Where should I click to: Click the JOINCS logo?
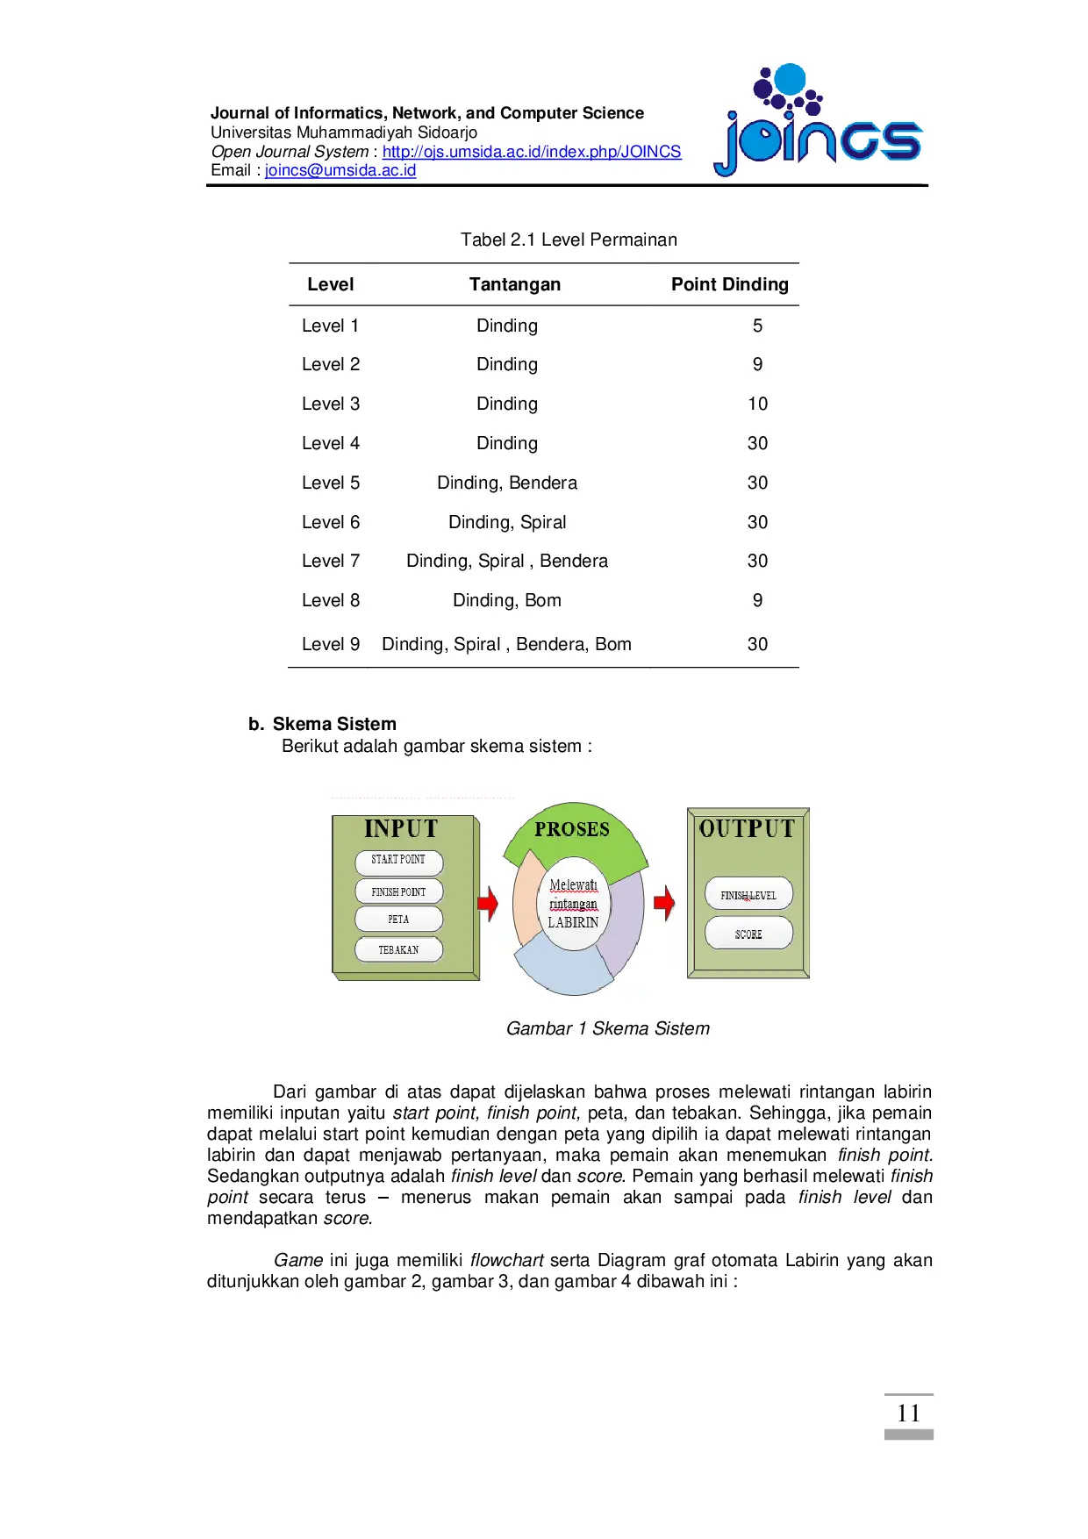click(818, 123)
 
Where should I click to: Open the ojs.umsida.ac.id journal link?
click(531, 152)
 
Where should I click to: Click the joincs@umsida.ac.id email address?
click(340, 170)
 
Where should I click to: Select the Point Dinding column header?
click(729, 284)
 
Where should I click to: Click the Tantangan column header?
click(514, 284)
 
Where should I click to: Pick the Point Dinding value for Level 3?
click(757, 404)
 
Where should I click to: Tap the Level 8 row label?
click(331, 600)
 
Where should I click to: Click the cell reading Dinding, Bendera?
click(507, 483)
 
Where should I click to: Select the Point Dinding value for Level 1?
click(757, 326)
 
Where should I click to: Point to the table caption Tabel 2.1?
click(569, 240)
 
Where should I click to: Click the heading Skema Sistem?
click(333, 724)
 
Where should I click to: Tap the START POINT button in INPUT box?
click(398, 861)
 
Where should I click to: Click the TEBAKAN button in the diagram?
click(398, 949)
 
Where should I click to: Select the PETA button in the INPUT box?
click(398, 919)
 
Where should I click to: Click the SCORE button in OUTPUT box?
click(748, 934)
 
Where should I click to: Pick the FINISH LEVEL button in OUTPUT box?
click(748, 895)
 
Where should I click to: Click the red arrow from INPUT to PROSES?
click(488, 903)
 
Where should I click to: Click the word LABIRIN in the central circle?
click(573, 923)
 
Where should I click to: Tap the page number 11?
click(908, 1414)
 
